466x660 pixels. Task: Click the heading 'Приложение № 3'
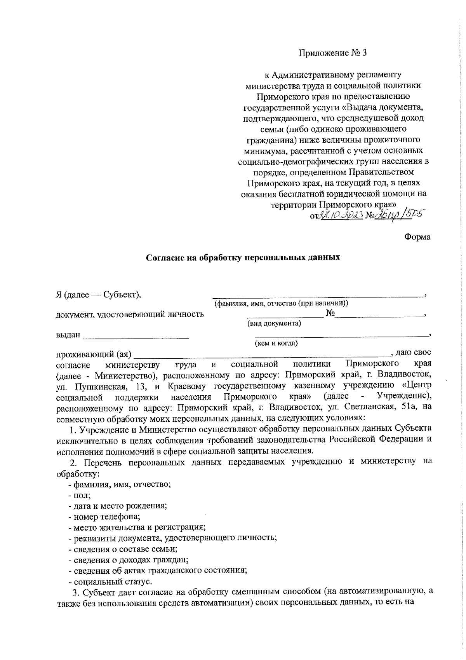tap(332, 53)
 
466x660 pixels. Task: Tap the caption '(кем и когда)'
tap(276, 343)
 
